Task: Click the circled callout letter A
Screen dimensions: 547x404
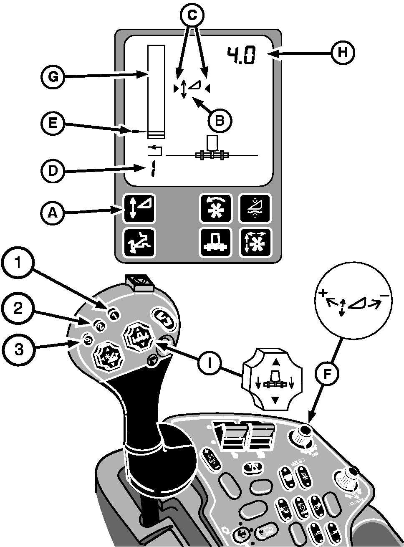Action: pyautogui.click(x=52, y=213)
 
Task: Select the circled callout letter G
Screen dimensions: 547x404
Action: pyautogui.click(x=52, y=77)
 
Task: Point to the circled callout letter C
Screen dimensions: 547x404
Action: pyautogui.click(x=192, y=15)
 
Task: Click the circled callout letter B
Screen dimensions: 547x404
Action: pyautogui.click(x=220, y=120)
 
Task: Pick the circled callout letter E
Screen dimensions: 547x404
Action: pyautogui.click(x=52, y=125)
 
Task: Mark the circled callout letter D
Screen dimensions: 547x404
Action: pyautogui.click(x=52, y=171)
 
